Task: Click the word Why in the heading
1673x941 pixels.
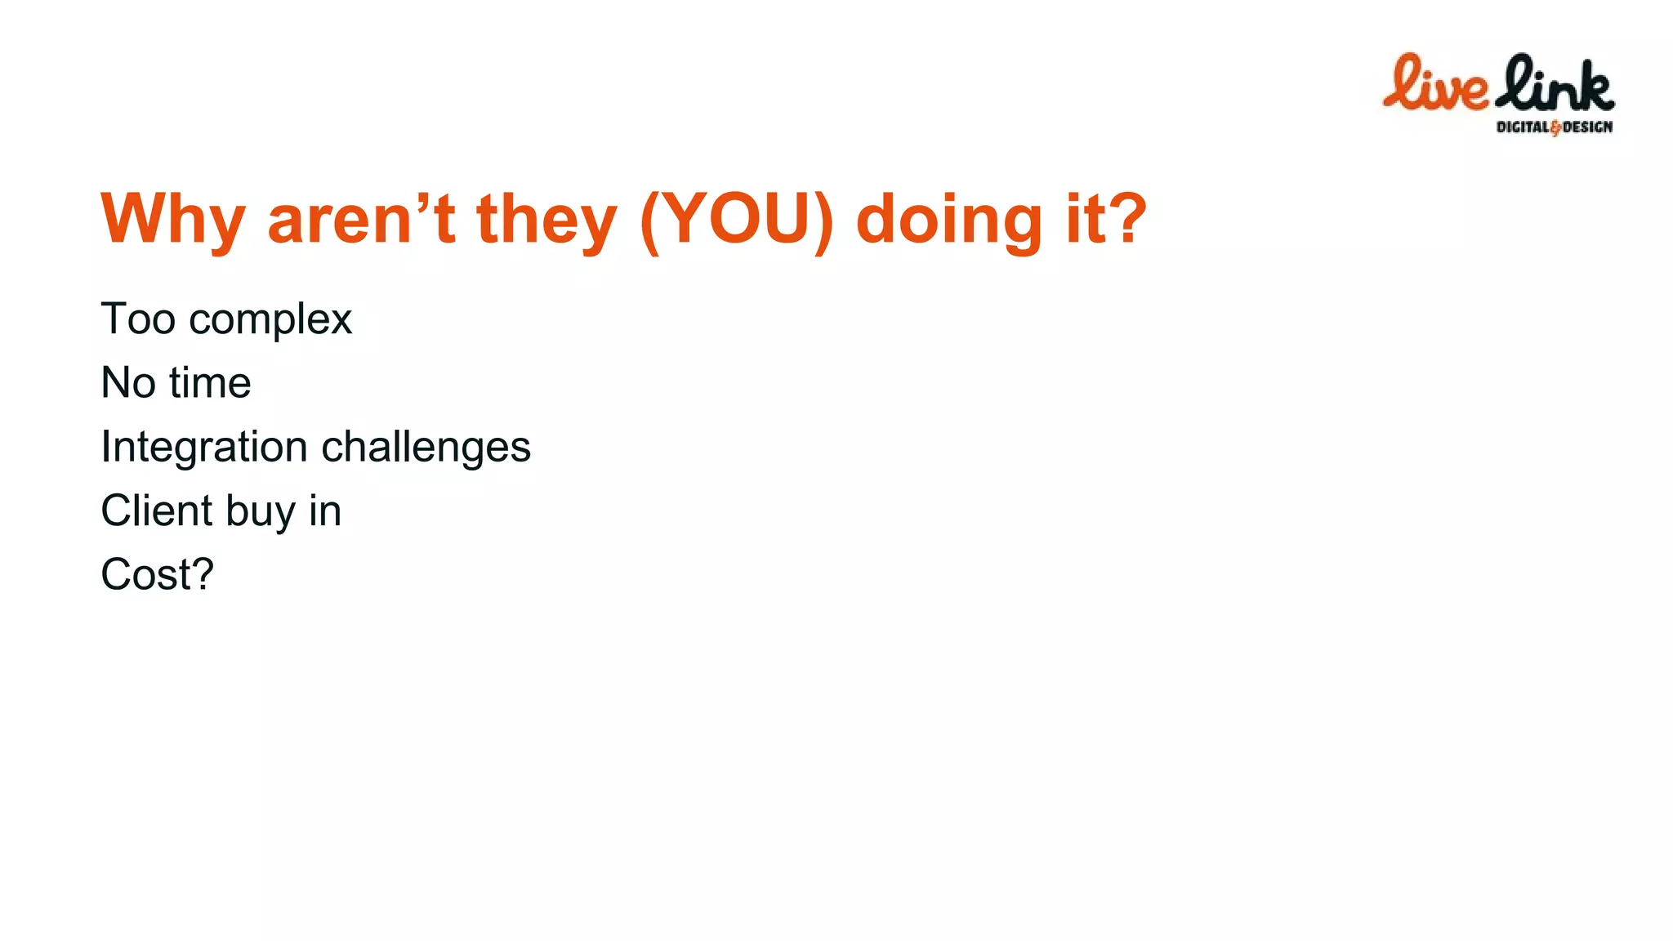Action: point(172,219)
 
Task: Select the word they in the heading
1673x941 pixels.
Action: point(546,219)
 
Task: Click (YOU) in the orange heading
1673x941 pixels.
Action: point(737,219)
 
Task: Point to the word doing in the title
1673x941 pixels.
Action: point(948,219)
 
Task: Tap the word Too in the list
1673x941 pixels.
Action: point(138,319)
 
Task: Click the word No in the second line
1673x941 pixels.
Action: point(128,382)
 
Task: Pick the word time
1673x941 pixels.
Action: point(210,382)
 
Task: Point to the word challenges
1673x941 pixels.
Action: point(426,448)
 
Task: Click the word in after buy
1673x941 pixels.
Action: point(325,511)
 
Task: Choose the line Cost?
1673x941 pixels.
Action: point(157,574)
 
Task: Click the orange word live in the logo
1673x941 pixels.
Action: point(1435,83)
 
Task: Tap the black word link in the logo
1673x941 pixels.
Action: point(1555,83)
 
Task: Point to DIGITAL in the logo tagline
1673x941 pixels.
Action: point(1522,127)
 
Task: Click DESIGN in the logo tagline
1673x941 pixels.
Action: point(1587,127)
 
